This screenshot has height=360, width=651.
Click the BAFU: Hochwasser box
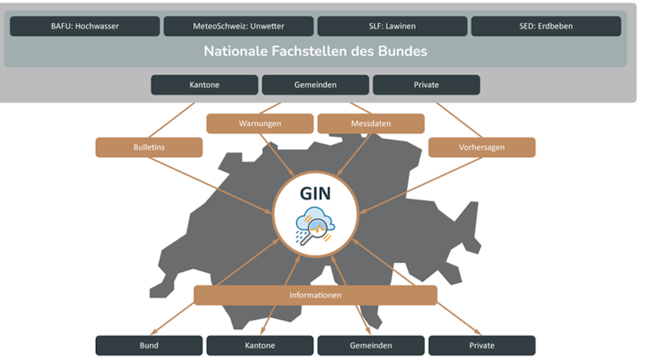[85, 26]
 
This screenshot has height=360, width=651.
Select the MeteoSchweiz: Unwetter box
[238, 26]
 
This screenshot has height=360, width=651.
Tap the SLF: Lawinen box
[392, 26]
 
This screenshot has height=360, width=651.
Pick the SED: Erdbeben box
[545, 26]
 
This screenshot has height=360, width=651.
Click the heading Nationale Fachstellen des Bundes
[315, 51]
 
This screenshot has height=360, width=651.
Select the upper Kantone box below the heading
[205, 85]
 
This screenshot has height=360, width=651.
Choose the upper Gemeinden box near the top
[315, 85]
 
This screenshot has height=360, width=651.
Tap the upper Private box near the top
[426, 85]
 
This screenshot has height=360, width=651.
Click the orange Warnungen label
[260, 123]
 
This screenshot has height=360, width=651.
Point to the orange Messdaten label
[371, 123]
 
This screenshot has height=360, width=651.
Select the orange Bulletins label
[149, 147]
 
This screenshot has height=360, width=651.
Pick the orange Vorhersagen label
[482, 147]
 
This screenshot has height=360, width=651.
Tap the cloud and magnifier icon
[315, 226]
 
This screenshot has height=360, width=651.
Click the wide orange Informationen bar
[315, 295]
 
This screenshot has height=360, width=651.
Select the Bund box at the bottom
[149, 345]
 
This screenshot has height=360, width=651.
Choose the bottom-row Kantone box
[260, 345]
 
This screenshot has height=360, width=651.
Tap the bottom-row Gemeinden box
[371, 345]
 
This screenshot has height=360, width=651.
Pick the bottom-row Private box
[482, 345]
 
